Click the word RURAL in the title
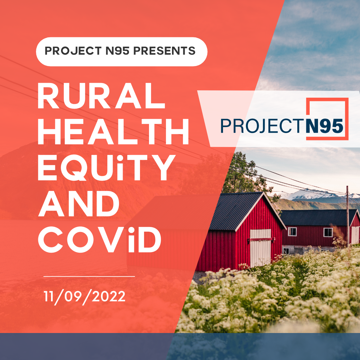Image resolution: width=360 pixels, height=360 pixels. pyautogui.click(x=101, y=97)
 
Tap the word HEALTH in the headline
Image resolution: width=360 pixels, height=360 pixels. pyautogui.click(x=113, y=133)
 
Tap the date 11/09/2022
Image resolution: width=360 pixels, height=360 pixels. pyautogui.click(x=85, y=296)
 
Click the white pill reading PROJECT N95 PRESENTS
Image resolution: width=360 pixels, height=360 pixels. pyautogui.click(x=121, y=51)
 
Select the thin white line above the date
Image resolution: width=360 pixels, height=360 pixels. pyautogui.click(x=89, y=276)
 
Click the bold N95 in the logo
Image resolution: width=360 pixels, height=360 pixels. pyautogui.click(x=325, y=127)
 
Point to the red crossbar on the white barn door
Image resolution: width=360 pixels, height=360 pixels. pyautogui.click(x=261, y=239)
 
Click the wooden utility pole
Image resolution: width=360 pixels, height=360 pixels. pyautogui.click(x=347, y=217)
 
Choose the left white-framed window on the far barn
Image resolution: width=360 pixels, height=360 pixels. pyautogui.click(x=292, y=232)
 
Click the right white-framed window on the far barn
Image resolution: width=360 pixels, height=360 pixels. pyautogui.click(x=328, y=232)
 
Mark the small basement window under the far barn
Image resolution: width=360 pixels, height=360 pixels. pyautogui.click(x=286, y=250)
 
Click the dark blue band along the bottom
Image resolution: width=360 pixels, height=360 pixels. pyautogui.click(x=180, y=347)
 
